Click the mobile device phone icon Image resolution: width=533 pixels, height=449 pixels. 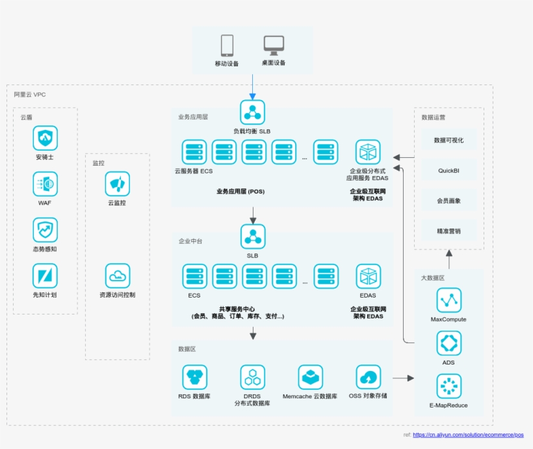pyautogui.click(x=227, y=45)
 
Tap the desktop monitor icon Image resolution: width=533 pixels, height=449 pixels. pyautogui.click(x=274, y=45)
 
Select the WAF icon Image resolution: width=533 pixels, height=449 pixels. pyautogui.click(x=45, y=184)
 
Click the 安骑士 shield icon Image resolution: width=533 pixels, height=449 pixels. pyautogui.click(x=45, y=138)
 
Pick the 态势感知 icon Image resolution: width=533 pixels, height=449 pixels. pyautogui.click(x=45, y=230)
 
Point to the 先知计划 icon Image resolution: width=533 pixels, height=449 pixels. pyautogui.click(x=45, y=276)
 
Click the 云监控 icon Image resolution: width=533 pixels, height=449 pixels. pyautogui.click(x=118, y=184)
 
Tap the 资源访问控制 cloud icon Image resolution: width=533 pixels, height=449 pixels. pyautogui.click(x=118, y=276)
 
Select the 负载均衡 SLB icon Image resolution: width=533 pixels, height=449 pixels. pyautogui.click(x=252, y=112)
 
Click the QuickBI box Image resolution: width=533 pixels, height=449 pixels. pyautogui.click(x=448, y=170)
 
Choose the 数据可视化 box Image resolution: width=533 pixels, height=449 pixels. pyautogui.click(x=448, y=140)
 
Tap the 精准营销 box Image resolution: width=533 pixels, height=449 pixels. pyautogui.click(x=448, y=231)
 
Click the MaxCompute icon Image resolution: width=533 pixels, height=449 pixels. pyautogui.click(x=448, y=300)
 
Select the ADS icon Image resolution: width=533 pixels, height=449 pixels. pyautogui.click(x=448, y=343)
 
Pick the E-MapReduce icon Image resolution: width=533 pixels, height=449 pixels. pyautogui.click(x=448, y=386)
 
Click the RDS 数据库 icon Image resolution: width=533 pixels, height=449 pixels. pyautogui.click(x=194, y=377)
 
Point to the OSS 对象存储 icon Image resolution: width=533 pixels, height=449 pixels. pyautogui.click(x=368, y=377)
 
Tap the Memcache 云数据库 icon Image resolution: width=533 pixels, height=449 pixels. pyautogui.click(x=310, y=377)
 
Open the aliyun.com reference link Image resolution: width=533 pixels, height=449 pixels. pyautogui.click(x=468, y=435)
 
